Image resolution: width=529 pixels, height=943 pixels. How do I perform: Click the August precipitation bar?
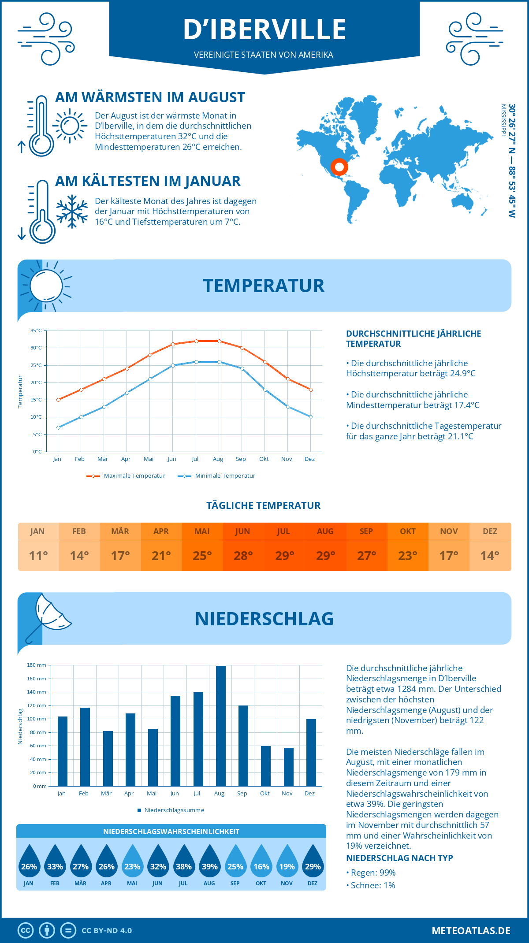(220, 726)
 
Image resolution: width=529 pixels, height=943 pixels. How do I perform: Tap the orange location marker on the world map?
(339, 167)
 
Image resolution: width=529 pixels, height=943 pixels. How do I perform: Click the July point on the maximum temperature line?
(196, 341)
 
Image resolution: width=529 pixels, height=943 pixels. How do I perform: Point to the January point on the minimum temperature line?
(58, 427)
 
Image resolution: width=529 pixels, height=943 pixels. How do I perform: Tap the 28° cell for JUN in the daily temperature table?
(243, 556)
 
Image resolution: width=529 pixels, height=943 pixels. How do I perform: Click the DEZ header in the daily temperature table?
(490, 531)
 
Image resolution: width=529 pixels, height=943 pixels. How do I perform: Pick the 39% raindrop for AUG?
(209, 862)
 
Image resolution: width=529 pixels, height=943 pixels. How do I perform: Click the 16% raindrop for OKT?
(261, 862)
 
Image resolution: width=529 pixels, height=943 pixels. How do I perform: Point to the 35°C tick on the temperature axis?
(36, 330)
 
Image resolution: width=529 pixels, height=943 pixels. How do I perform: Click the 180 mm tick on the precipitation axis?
(37, 665)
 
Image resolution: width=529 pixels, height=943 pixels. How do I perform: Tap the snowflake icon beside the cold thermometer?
(72, 212)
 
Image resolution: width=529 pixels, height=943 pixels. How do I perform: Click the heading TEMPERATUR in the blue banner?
(264, 286)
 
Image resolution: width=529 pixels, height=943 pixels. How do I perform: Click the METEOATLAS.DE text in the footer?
(471, 931)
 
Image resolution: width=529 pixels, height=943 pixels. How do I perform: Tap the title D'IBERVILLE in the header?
(264, 30)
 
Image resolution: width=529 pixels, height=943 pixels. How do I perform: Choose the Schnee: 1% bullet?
(372, 886)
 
